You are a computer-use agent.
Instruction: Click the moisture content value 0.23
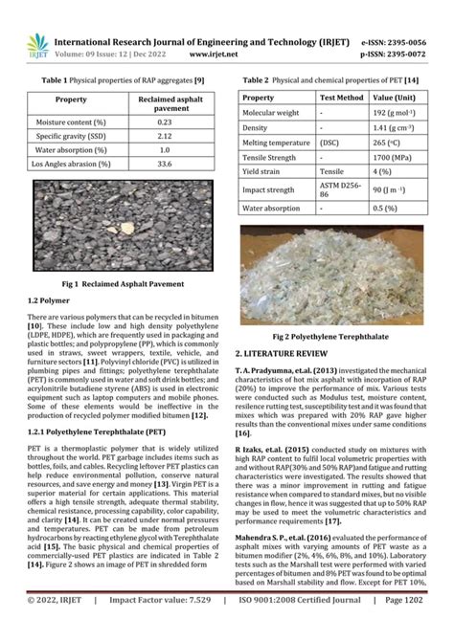(x=165, y=122)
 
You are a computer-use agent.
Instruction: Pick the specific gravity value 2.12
(x=165, y=137)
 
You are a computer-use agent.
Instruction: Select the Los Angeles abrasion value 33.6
(x=165, y=164)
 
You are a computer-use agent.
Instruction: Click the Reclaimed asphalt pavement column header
(x=165, y=103)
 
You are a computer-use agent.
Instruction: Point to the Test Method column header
(x=341, y=98)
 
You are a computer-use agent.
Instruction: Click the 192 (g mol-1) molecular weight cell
(x=399, y=112)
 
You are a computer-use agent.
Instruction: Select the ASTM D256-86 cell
(x=341, y=189)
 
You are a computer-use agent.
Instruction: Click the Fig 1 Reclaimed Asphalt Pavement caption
(x=122, y=284)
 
